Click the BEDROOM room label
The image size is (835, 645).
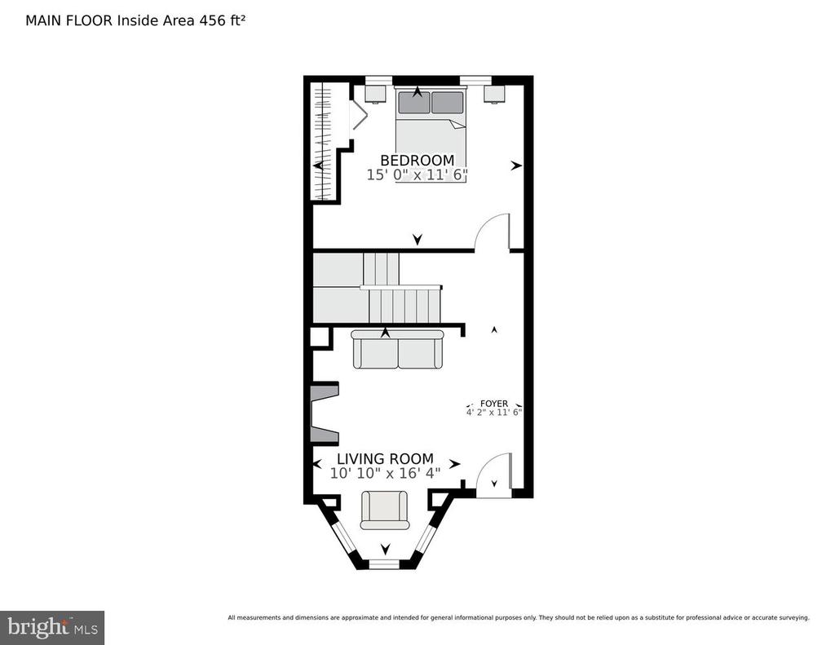point(417,160)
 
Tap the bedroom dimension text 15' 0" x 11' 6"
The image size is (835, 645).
point(417,175)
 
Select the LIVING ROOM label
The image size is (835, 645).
point(385,458)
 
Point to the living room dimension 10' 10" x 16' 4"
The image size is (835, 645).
point(385,473)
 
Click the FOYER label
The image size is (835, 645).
point(493,404)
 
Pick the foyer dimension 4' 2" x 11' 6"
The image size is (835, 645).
point(493,412)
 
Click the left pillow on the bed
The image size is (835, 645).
point(413,103)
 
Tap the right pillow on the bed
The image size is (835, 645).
point(448,103)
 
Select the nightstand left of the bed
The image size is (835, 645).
point(375,94)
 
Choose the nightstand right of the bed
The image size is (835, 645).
point(494,94)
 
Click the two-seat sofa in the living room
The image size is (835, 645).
point(397,349)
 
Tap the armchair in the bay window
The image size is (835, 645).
point(385,510)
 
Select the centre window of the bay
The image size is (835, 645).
point(385,564)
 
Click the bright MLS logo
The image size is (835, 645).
point(52,627)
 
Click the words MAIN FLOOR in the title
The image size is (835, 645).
point(69,20)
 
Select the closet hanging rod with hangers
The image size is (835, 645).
point(323,142)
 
